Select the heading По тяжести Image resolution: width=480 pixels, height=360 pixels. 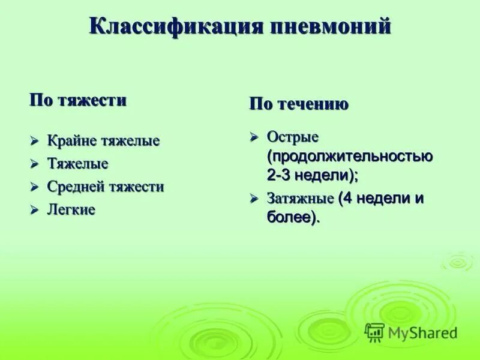point(78,100)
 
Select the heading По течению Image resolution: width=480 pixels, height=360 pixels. point(299,104)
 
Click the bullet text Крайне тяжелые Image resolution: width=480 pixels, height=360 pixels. point(104,142)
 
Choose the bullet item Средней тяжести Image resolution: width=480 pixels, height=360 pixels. point(106,187)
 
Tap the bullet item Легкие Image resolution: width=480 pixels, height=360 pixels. point(71,210)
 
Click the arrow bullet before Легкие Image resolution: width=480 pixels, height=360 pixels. point(35,210)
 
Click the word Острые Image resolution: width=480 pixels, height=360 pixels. point(292,137)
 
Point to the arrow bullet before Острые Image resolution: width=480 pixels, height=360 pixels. point(254,137)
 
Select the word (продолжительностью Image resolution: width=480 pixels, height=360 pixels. point(350,157)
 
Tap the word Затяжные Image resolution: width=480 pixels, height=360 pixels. point(301,199)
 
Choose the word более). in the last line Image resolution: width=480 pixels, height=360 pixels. point(293,218)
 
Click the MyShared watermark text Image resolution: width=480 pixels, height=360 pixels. point(422,333)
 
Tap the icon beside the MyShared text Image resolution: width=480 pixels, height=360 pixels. point(374,332)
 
